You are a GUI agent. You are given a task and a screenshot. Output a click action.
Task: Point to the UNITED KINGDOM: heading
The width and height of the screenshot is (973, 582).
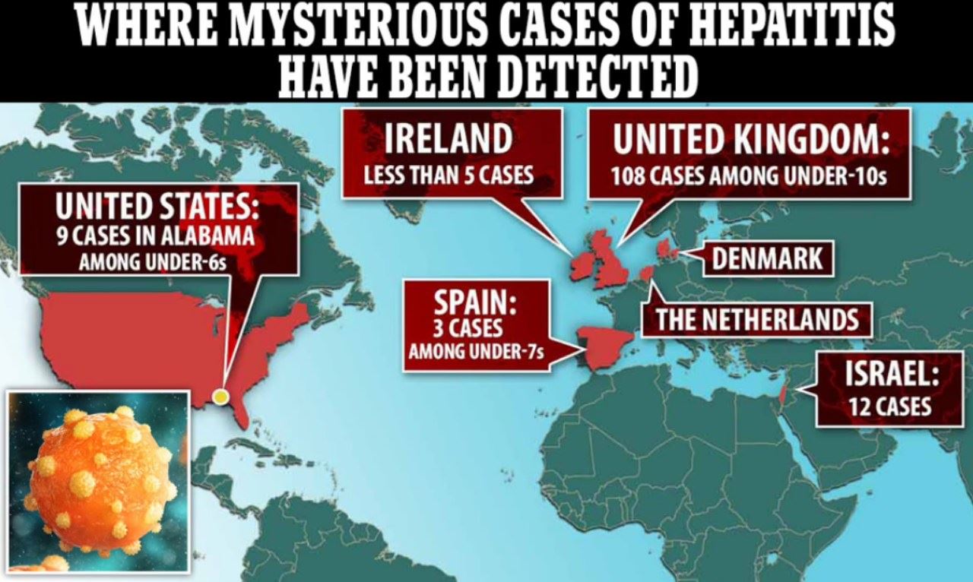[750, 140]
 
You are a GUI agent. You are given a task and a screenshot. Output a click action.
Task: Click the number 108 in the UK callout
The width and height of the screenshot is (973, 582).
[630, 177]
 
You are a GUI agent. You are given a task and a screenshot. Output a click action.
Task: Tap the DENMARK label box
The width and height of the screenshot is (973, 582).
[768, 259]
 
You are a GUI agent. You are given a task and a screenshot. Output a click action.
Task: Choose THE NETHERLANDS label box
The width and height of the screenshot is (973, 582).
[757, 320]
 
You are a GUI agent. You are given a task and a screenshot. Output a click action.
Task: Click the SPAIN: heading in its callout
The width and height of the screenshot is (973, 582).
[475, 304]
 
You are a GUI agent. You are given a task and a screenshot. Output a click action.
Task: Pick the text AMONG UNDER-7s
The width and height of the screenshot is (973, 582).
[476, 353]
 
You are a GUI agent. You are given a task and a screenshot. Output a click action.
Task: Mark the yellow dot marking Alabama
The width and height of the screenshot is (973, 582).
[220, 396]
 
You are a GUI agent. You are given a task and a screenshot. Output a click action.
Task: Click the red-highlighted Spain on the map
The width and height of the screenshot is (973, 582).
[604, 346]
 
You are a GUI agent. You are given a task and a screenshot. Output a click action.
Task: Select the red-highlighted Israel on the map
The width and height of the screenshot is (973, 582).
[784, 396]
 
